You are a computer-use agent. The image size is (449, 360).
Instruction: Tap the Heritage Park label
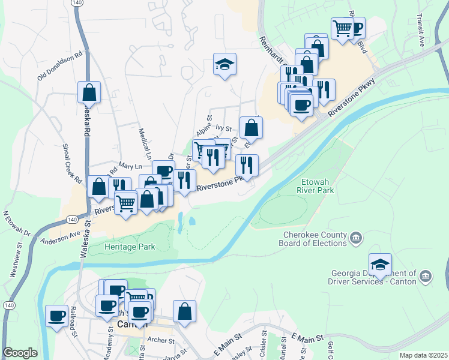pos(130,247)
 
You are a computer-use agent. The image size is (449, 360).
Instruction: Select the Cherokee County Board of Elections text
pos(312,239)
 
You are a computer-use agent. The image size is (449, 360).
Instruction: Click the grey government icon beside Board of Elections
pos(355,239)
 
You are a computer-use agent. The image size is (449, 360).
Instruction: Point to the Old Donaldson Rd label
pos(59,65)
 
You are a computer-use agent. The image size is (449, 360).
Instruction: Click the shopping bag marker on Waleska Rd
pos(89,92)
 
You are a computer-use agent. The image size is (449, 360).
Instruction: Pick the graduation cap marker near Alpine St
pos(225,64)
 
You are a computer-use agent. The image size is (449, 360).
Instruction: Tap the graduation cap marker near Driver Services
pos(380,264)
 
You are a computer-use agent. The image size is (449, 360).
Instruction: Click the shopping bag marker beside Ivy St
pos(251,127)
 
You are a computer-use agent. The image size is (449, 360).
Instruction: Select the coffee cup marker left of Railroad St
pos(57,316)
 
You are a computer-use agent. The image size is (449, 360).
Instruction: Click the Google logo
pos(20,353)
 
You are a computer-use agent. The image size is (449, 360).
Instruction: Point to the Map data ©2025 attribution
pos(423,355)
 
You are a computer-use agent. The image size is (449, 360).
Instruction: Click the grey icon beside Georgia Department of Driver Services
pos(426,276)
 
